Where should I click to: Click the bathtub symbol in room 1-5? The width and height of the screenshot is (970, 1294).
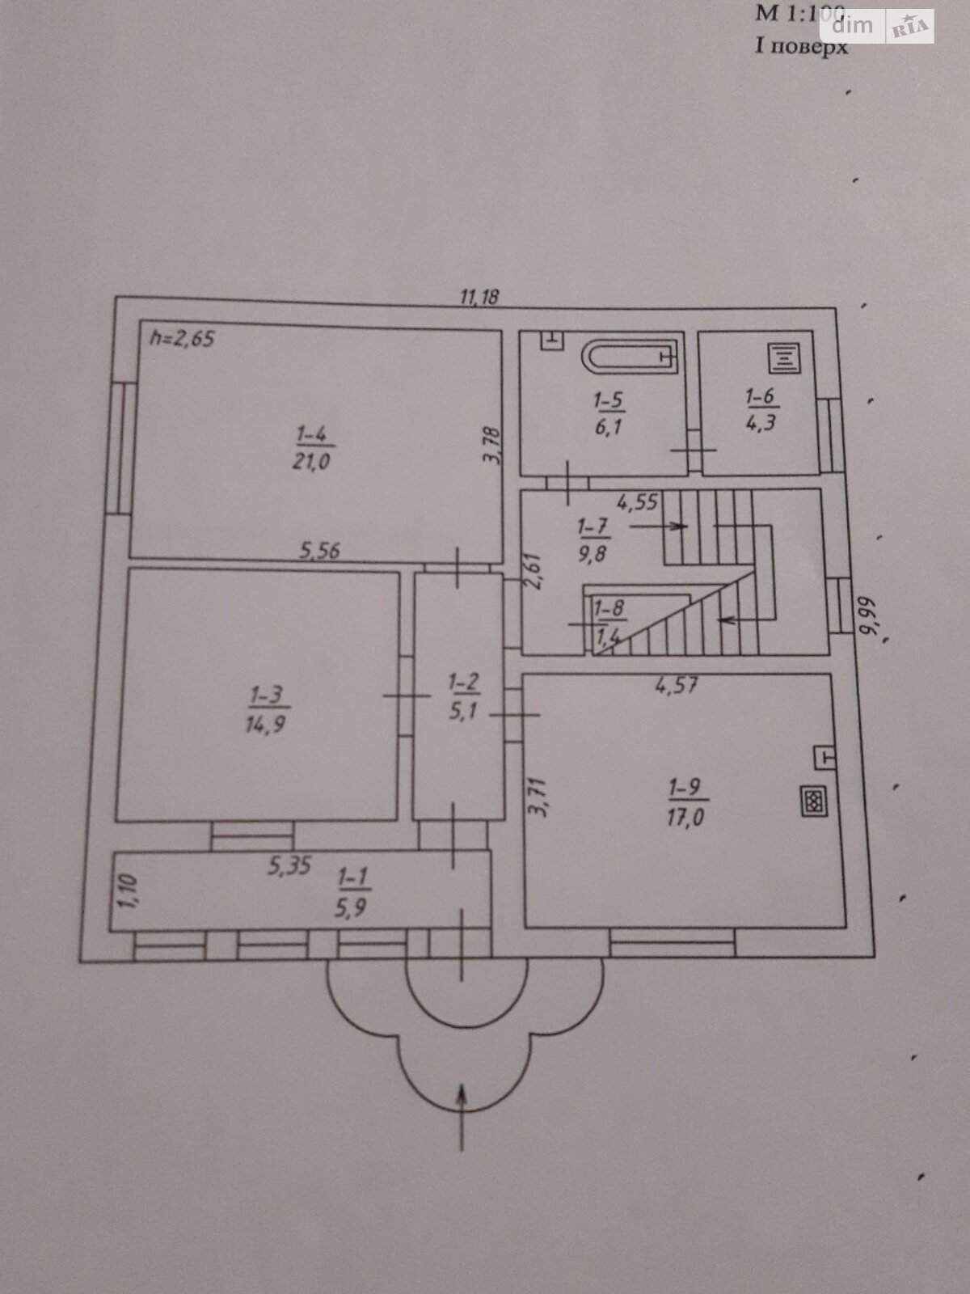[629, 357]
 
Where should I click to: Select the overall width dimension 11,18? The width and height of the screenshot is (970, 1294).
[479, 297]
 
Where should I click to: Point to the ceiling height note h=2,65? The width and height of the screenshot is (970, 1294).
[182, 338]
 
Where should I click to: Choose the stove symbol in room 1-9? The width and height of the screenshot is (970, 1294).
[812, 801]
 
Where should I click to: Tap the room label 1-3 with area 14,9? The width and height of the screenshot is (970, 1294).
[266, 709]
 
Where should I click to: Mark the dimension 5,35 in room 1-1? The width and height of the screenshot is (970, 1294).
[289, 866]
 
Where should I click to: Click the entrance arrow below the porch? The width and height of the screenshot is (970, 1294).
[462, 1116]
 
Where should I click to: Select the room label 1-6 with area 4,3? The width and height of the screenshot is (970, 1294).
[760, 409]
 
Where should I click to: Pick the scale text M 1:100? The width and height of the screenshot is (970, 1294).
[799, 14]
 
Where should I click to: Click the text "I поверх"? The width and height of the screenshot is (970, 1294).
[801, 46]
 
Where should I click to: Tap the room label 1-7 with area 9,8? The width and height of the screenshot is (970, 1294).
[593, 540]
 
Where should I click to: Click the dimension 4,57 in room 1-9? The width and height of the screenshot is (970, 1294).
[677, 686]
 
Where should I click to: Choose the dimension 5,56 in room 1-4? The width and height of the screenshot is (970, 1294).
[320, 552]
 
